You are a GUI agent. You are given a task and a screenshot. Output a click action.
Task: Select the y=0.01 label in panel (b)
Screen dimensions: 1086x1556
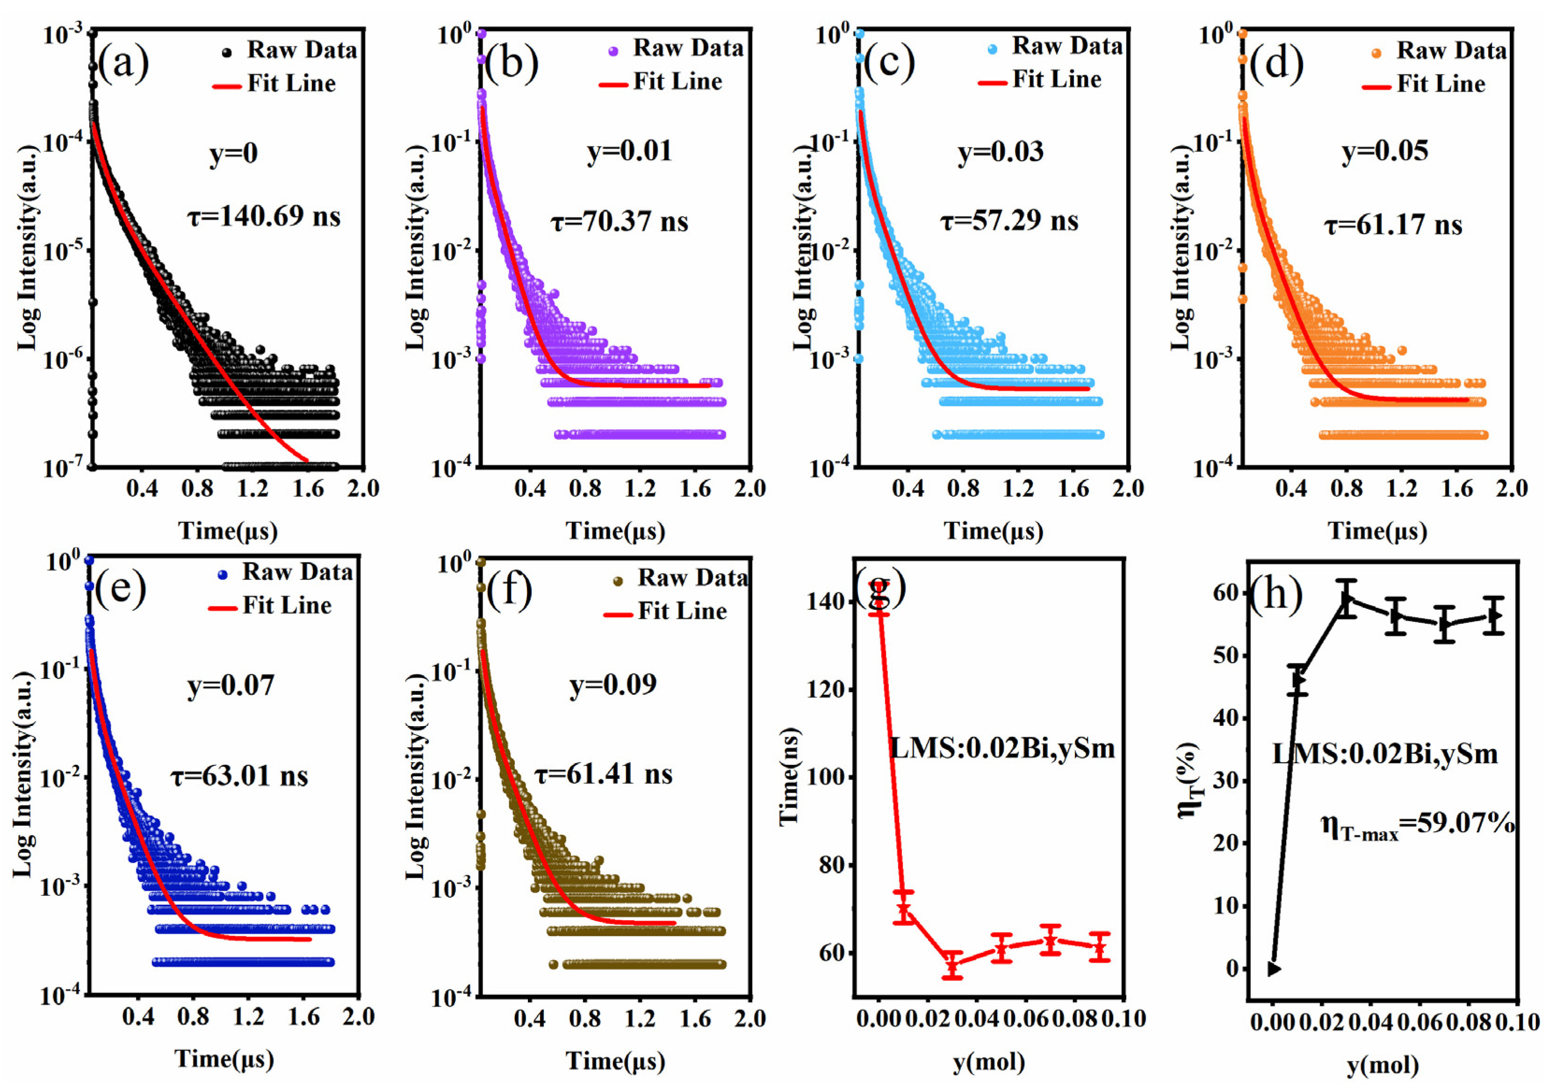point(630,150)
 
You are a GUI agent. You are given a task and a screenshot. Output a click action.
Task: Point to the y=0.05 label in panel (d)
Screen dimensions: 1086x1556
point(1385,150)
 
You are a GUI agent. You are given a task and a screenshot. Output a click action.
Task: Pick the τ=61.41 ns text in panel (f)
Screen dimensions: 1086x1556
point(604,773)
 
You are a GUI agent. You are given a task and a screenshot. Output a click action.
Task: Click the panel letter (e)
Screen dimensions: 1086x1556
point(120,588)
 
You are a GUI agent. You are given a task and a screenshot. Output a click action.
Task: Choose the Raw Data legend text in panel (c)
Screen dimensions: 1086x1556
point(1067,46)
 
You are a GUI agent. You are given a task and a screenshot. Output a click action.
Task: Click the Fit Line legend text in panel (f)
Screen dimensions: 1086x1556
point(682,612)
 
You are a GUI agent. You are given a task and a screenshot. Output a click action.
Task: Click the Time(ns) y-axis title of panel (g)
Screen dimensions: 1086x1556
point(789,777)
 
